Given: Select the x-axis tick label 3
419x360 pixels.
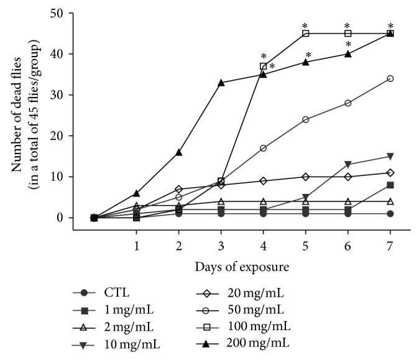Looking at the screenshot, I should pyautogui.click(x=221, y=246).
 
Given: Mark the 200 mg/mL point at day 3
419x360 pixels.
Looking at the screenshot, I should pyautogui.click(x=221, y=83).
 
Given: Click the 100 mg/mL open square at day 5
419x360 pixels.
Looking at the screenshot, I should pyautogui.click(x=305, y=34).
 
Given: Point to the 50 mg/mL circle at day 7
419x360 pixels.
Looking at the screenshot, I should pyautogui.click(x=390, y=78).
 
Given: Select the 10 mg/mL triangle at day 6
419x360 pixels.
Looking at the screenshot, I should pyautogui.click(x=348, y=165).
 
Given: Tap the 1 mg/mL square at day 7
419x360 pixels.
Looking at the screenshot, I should pyautogui.click(x=390, y=185).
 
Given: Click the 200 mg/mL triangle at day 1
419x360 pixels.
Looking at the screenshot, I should pyautogui.click(x=136, y=193).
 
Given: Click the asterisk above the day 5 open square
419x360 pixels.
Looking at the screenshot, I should pyautogui.click(x=305, y=26).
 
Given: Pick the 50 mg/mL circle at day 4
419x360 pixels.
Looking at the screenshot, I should pyautogui.click(x=263, y=148).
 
